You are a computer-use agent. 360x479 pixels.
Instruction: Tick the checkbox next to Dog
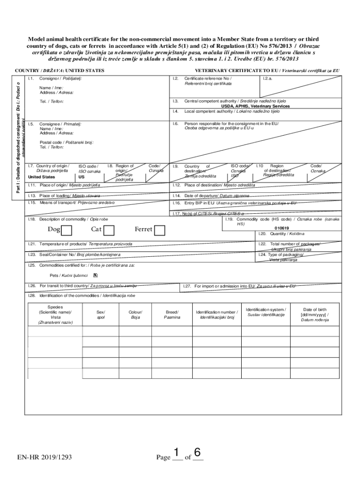67,230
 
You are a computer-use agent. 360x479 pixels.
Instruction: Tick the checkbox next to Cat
109,230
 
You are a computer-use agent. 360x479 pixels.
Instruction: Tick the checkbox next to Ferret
160,230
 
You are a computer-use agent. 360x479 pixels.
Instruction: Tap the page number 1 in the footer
176,453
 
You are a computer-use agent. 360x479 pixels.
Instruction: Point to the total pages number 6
197,453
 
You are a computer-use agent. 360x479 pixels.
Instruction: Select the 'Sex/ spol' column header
101,314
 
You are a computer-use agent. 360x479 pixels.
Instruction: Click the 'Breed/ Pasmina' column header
172,314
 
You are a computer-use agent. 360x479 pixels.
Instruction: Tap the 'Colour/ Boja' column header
136,314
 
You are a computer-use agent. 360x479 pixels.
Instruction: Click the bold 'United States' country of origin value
42,177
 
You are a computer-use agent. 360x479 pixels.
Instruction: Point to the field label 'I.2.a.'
268,78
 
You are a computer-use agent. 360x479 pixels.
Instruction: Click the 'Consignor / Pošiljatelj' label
61,78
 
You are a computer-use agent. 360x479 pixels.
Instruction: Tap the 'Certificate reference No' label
208,78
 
